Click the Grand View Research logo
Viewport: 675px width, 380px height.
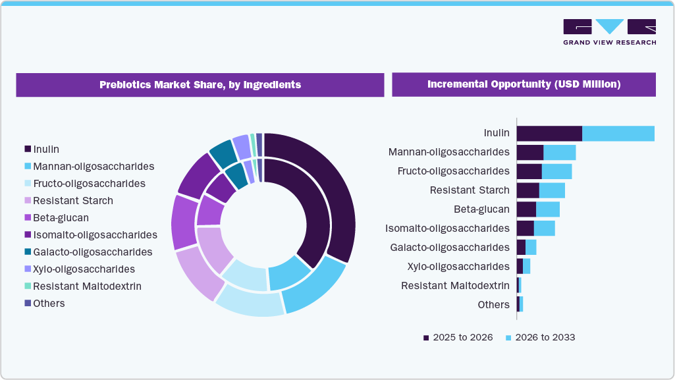[x=609, y=32]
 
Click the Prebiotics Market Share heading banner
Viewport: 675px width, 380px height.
[x=200, y=85]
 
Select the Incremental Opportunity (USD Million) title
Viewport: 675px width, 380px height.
[x=524, y=85]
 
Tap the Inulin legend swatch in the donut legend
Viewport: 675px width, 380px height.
[x=28, y=149]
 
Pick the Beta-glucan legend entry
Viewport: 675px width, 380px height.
[x=61, y=218]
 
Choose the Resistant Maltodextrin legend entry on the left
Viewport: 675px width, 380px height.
[x=87, y=286]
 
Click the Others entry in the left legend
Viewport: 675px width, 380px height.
[x=49, y=304]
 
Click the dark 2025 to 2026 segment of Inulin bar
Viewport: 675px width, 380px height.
[x=549, y=134]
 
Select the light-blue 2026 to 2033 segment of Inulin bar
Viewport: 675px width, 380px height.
[x=618, y=134]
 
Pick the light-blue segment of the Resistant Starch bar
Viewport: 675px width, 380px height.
[x=552, y=190]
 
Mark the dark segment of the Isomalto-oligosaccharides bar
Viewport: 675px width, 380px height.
[x=525, y=229]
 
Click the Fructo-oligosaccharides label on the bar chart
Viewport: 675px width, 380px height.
[x=453, y=171]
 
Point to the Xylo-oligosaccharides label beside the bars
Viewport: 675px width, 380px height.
[x=458, y=267]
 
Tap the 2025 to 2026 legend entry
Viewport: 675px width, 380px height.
[x=458, y=337]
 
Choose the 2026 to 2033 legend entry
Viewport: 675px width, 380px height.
[x=540, y=337]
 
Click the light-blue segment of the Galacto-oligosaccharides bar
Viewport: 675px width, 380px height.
[x=531, y=248]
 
